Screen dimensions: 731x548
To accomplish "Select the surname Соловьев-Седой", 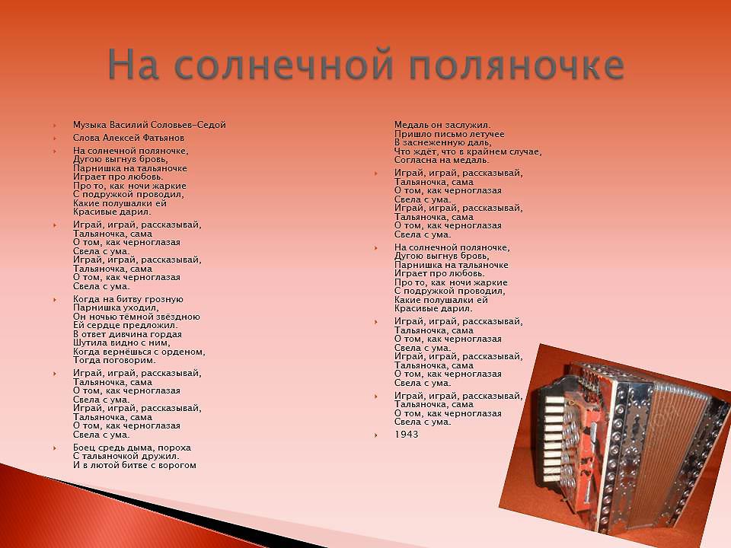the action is point(188,125).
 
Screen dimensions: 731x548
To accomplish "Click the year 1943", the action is point(406,435).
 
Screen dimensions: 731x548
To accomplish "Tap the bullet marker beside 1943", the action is point(376,435).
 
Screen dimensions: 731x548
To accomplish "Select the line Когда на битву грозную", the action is point(128,299).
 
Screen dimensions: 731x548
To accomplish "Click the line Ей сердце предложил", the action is point(126,325).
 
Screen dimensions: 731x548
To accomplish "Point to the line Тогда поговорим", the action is point(114,360).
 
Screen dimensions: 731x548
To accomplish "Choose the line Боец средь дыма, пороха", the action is point(132,448).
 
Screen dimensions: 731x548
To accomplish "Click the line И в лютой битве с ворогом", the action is point(135,465).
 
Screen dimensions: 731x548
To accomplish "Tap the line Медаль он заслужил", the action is point(442,125).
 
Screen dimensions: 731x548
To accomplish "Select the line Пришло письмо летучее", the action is point(449,134).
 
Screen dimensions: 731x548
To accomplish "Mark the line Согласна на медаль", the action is point(442,160).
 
